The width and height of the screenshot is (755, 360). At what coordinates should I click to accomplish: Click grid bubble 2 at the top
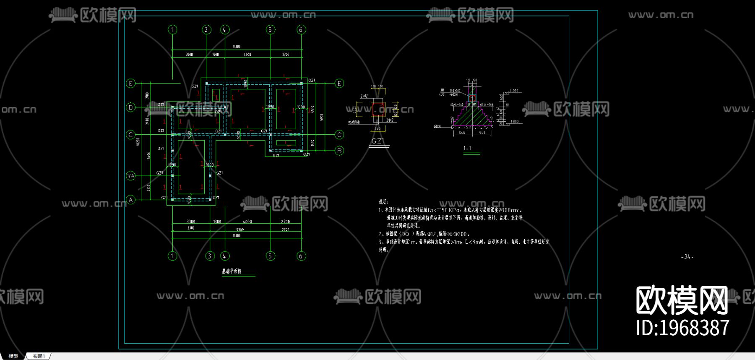tap(206, 29)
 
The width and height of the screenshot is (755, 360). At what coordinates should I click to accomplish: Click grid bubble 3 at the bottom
tap(210, 256)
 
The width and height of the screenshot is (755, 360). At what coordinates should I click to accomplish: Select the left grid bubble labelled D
tap(131, 107)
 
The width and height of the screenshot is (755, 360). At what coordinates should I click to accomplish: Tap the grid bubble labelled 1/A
tap(131, 176)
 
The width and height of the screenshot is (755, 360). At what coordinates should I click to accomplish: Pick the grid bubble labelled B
tap(339, 151)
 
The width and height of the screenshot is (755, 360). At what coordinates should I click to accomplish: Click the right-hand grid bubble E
tap(339, 83)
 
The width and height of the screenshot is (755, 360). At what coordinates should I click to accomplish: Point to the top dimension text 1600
tap(215, 55)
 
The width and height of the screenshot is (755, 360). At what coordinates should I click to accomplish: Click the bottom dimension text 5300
tap(240, 230)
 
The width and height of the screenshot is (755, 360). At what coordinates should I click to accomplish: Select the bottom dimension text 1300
tap(217, 222)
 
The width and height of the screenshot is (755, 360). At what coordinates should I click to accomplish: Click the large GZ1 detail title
tap(378, 141)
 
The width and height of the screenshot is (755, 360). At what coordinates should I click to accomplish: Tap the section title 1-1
tap(467, 148)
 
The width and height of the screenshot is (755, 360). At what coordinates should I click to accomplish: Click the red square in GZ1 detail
tap(378, 110)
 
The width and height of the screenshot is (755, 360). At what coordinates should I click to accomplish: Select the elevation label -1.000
tap(514, 122)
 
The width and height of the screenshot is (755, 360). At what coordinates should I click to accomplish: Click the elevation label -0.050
tap(513, 91)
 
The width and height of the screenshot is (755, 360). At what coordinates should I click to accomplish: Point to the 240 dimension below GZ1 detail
tap(377, 128)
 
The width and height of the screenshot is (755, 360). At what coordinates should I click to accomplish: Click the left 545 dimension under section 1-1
tap(462, 133)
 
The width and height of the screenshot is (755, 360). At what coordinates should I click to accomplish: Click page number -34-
tap(687, 257)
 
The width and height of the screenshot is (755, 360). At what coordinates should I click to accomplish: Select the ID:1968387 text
tap(682, 328)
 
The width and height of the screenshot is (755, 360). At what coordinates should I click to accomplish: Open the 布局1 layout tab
tap(39, 356)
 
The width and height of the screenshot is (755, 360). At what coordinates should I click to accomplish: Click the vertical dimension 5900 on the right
tap(322, 117)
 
